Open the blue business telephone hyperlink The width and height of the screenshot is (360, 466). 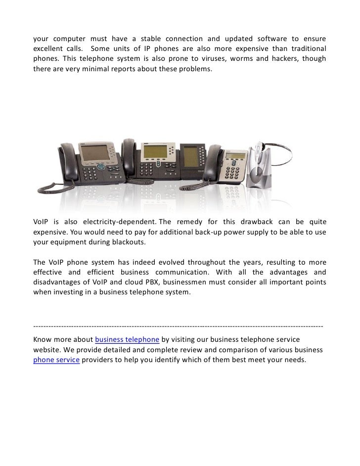click(x=127, y=339)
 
